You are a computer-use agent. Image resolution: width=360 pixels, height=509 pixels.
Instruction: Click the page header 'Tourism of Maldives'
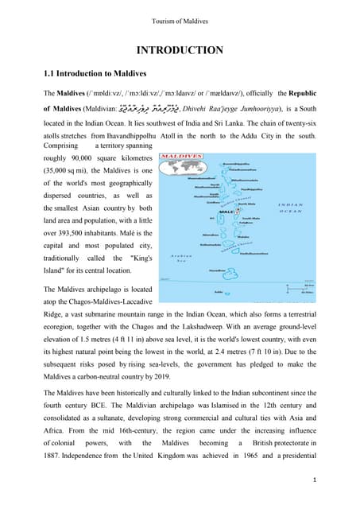pos(180,19)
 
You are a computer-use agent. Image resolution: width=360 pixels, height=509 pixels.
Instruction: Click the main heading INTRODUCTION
pos(180,50)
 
